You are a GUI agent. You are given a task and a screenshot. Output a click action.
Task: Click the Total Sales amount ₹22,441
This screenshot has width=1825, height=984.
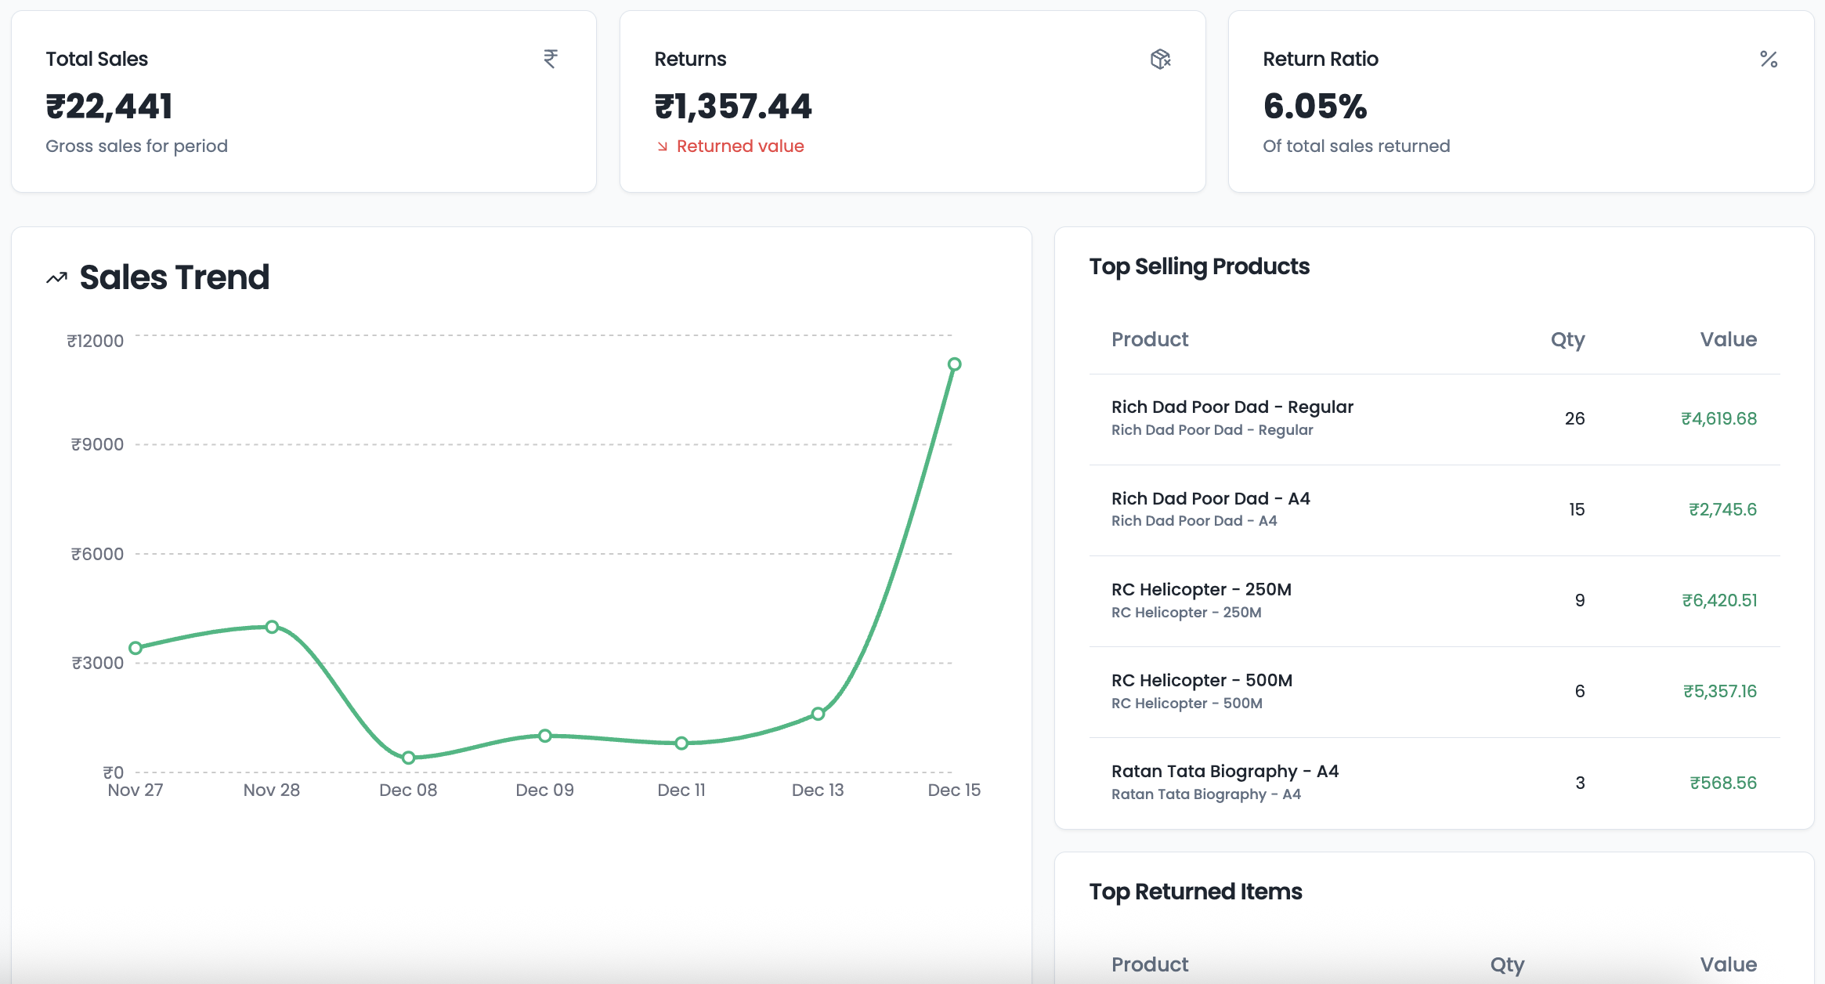(x=109, y=107)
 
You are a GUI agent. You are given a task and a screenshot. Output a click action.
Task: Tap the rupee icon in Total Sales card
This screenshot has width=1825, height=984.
(x=551, y=59)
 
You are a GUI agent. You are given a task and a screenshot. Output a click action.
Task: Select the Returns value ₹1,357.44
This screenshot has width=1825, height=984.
(x=733, y=107)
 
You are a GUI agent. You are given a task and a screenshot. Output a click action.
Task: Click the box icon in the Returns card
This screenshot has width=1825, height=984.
(x=1160, y=59)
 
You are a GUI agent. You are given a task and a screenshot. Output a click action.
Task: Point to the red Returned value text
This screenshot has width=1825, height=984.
(x=739, y=147)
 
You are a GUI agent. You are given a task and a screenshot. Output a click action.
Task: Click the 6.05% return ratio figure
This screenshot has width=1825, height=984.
(x=1315, y=107)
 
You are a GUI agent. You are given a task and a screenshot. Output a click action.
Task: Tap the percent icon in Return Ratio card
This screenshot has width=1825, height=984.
(x=1769, y=59)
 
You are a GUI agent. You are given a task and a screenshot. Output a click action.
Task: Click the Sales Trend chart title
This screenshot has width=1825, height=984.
(x=174, y=277)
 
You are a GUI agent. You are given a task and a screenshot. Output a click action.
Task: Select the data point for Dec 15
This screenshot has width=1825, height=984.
(x=954, y=364)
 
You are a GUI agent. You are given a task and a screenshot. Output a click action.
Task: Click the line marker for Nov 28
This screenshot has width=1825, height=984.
(x=272, y=627)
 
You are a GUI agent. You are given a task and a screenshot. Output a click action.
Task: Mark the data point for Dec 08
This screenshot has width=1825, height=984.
(x=408, y=758)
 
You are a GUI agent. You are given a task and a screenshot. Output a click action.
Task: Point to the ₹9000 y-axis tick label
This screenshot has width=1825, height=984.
(x=97, y=444)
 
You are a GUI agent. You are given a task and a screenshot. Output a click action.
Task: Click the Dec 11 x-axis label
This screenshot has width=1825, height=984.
(x=681, y=790)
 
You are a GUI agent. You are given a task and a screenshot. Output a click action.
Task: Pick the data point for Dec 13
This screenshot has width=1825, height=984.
(x=818, y=714)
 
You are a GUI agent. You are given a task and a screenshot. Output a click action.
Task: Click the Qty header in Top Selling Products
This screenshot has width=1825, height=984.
(x=1567, y=339)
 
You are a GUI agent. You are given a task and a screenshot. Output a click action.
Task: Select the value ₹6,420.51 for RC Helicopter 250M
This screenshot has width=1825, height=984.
(x=1719, y=600)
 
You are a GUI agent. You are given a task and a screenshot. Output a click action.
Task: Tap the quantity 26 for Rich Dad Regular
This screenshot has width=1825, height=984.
(x=1574, y=418)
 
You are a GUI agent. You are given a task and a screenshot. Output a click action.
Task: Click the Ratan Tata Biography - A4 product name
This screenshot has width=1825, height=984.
(x=1225, y=771)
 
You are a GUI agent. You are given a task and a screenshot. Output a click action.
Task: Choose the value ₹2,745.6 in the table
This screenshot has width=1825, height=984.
(x=1722, y=509)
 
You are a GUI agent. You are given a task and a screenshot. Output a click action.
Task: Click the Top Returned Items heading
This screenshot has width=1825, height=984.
(x=1195, y=892)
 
